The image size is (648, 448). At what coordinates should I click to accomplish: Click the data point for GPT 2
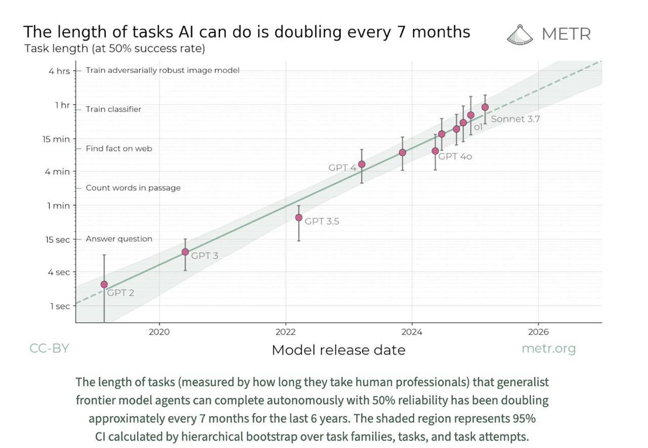click(104, 284)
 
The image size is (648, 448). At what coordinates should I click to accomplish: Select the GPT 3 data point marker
click(185, 252)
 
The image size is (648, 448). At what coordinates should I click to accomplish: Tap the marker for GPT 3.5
click(299, 217)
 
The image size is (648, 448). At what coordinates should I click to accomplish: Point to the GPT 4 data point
click(362, 164)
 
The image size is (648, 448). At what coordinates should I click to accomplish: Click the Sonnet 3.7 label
click(515, 119)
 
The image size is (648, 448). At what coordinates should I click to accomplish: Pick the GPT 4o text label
click(455, 157)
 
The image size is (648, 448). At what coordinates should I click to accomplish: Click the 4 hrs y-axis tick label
click(59, 71)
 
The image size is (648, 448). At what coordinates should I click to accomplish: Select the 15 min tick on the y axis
click(56, 139)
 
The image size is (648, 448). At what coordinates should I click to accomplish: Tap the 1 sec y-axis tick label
click(60, 306)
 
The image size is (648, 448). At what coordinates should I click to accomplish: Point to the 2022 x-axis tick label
click(285, 332)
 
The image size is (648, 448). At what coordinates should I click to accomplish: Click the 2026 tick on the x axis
click(538, 332)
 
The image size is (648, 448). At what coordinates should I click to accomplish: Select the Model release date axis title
click(338, 350)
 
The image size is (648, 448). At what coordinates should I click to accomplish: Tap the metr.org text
click(548, 349)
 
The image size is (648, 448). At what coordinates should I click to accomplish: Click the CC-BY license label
click(49, 349)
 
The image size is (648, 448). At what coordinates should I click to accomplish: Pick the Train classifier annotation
click(113, 109)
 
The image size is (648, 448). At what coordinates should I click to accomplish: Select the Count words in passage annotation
click(133, 188)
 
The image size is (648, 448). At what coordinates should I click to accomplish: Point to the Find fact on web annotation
click(119, 148)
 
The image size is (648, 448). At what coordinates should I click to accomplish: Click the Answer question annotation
click(119, 239)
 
